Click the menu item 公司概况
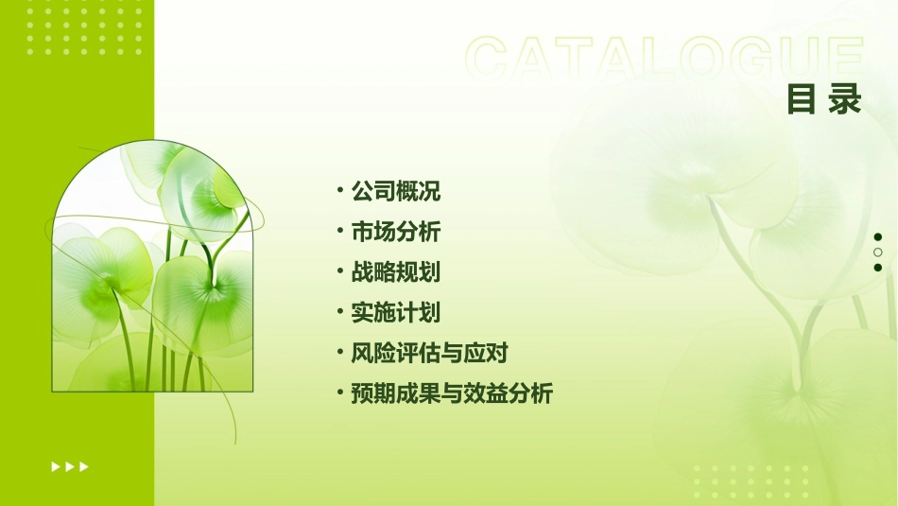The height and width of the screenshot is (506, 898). pos(396,191)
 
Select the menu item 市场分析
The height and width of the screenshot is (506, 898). pos(396,232)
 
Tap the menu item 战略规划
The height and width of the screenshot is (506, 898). pos(396,272)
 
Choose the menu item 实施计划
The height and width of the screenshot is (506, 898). pos(396,313)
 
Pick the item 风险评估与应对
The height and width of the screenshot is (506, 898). pos(430,354)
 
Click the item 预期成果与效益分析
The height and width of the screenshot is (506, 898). pos(452,393)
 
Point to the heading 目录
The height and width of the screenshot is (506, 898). pos(824,99)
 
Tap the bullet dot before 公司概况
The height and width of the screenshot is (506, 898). pos(340,190)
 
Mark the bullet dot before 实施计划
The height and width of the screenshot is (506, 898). pos(340,311)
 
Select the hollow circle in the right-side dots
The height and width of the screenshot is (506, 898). pos(878,253)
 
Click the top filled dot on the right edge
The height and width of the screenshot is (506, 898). pos(878,237)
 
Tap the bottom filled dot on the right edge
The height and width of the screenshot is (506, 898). pos(878,268)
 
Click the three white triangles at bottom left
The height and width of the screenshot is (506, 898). pos(70,466)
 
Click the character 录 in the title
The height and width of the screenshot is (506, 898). pos(845,99)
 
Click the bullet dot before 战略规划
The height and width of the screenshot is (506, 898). pos(340,271)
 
